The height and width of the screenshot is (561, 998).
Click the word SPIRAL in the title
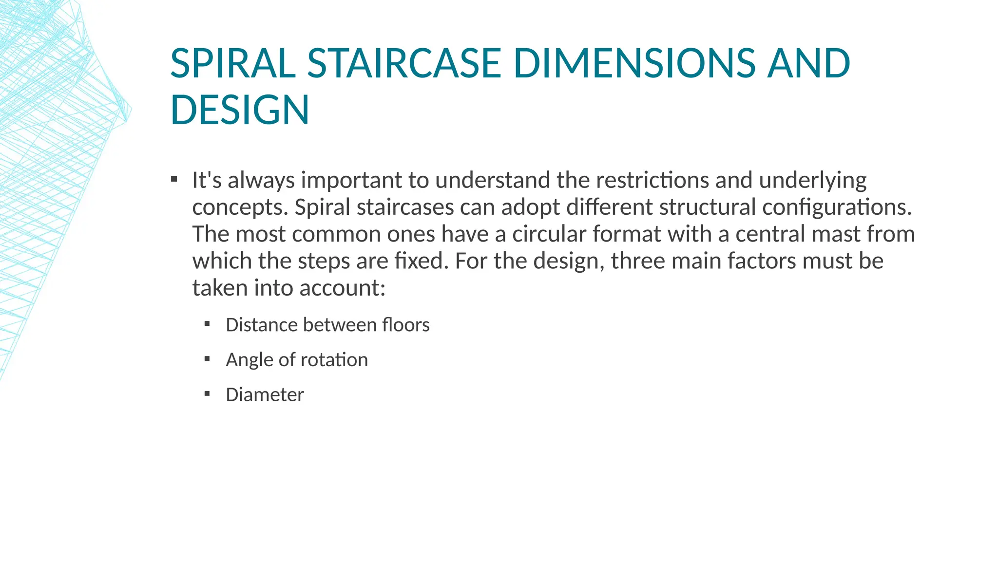point(233,63)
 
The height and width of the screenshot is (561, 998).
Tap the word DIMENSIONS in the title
point(634,63)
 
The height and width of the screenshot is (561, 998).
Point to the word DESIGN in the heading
point(240,110)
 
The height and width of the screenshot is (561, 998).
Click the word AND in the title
point(808,63)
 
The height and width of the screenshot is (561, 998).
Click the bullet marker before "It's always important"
point(174,179)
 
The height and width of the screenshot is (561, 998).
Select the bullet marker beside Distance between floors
point(207,324)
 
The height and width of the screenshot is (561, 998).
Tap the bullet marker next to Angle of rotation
point(207,359)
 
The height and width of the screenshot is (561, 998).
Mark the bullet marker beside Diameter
point(207,393)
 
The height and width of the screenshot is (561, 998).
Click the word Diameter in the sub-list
point(265,394)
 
